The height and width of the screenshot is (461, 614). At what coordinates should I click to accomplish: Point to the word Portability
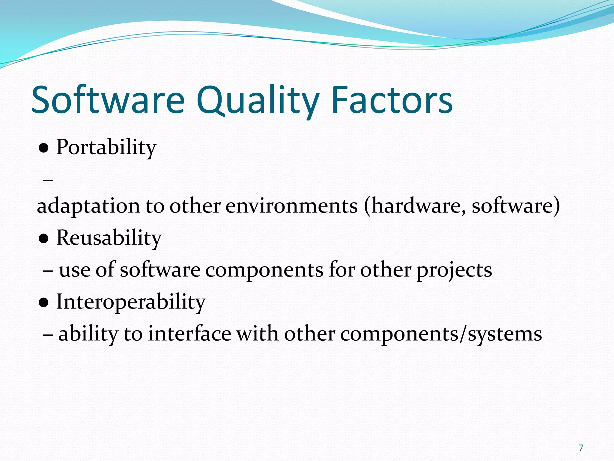pos(106,147)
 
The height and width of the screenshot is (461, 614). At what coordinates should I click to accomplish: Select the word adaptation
pos(88,206)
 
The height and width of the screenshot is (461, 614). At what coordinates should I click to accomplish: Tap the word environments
pos(291,206)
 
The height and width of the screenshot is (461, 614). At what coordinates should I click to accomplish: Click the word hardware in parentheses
pos(415,206)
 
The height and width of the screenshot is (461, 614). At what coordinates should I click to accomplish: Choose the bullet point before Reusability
pos(44,239)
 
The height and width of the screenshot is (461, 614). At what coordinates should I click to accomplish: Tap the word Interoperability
pos(131,302)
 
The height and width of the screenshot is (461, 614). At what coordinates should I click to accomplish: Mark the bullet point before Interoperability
pos(44,303)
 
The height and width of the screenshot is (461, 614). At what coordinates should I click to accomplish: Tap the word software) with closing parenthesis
pos(516,206)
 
